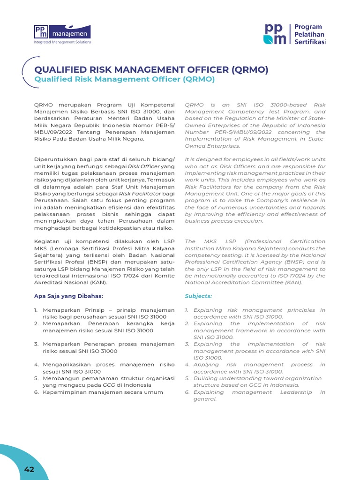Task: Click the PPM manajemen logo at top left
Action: [62, 31]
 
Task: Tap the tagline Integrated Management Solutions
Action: [62, 42]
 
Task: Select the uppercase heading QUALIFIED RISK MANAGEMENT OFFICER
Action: [151, 70]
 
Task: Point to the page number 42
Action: [29, 469]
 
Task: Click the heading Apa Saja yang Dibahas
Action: [68, 296]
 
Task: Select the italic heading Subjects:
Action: [198, 296]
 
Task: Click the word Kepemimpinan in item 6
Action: [66, 392]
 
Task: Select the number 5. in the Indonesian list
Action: [37, 378]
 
